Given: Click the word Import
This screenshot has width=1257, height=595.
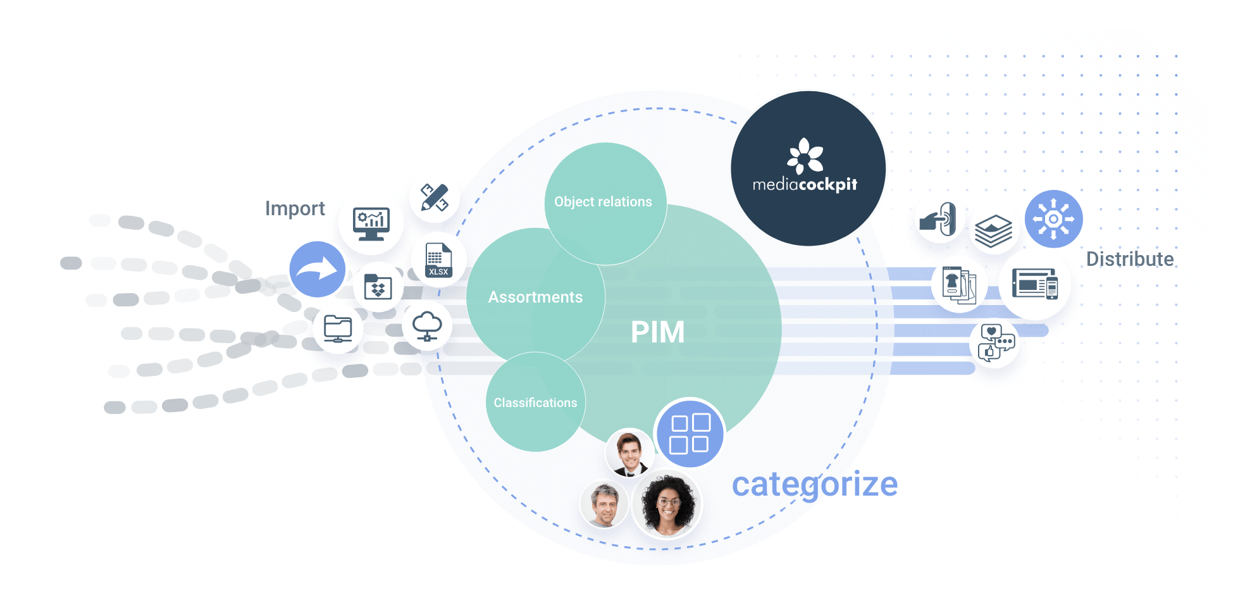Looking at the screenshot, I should (x=295, y=208).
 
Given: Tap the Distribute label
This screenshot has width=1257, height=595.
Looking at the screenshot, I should (x=1129, y=259).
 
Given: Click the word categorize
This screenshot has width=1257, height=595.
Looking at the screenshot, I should (x=814, y=485).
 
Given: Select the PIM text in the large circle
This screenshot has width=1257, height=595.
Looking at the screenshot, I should (x=657, y=332).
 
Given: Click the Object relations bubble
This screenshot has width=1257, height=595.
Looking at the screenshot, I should (x=603, y=202).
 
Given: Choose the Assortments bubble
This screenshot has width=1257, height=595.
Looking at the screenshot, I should (x=535, y=297).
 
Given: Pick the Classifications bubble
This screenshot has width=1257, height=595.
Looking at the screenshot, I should (x=535, y=403).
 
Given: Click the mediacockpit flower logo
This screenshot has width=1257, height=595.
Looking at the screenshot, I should (x=805, y=156).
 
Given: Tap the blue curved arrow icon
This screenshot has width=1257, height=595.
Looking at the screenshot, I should (x=318, y=269).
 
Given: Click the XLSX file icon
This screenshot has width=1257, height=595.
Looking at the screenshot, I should (x=438, y=260).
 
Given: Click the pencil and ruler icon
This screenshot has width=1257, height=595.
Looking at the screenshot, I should (x=434, y=197).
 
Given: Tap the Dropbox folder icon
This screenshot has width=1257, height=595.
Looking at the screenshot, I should (x=378, y=287).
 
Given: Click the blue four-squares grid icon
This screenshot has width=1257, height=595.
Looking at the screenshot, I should (x=690, y=434).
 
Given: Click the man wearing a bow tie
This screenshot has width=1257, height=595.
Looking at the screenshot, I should (x=629, y=452).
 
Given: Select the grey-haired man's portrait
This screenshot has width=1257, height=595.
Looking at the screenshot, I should (x=604, y=504).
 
